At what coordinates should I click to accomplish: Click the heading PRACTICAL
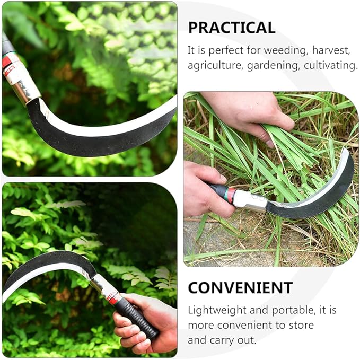231,28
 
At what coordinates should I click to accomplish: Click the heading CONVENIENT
240,288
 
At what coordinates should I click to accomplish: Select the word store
301,325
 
